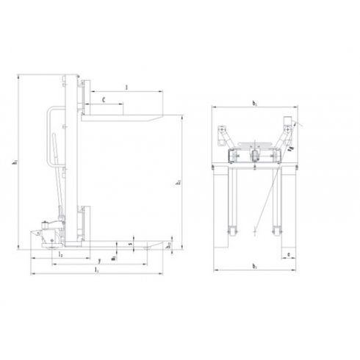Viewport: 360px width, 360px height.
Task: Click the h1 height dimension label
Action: click(15, 162)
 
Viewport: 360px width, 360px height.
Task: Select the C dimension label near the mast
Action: click(104, 96)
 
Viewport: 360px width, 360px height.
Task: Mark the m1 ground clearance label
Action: click(115, 258)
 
